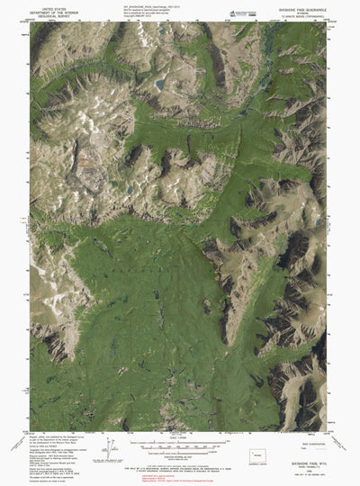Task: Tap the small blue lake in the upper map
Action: point(159,85)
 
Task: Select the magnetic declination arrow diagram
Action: point(112,446)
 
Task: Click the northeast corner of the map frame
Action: point(326,22)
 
